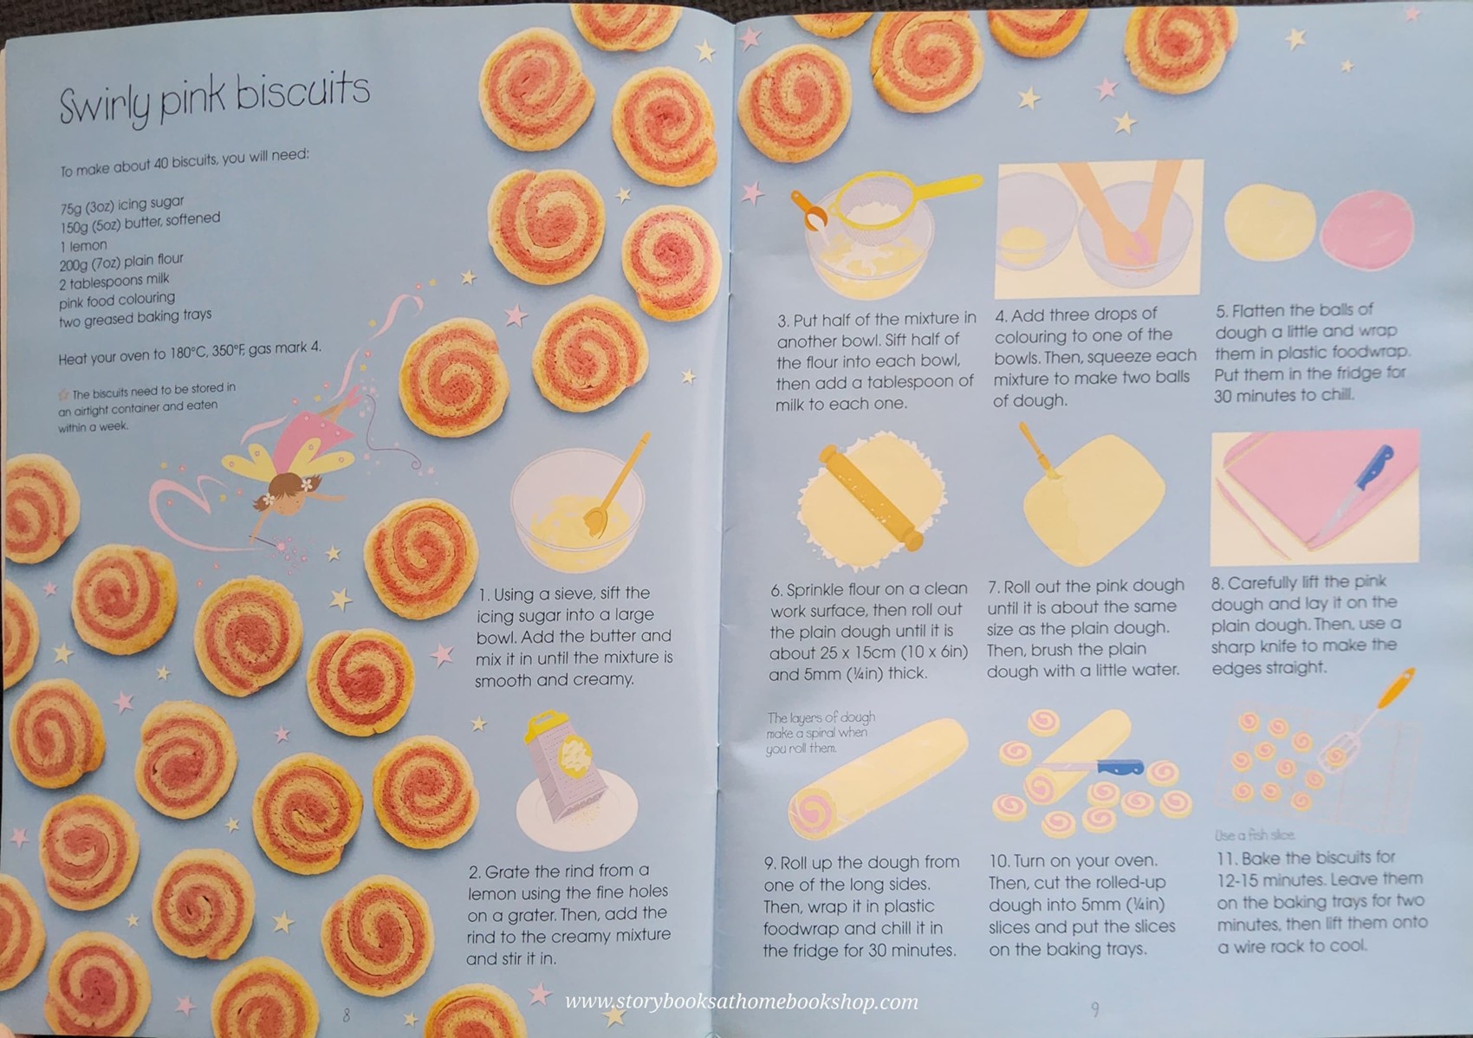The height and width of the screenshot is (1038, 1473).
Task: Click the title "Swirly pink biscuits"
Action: coord(214,97)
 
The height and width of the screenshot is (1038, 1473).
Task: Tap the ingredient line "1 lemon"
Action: coord(84,245)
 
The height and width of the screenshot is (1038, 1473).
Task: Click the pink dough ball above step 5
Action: coord(1365,230)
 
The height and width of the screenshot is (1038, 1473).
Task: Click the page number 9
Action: coord(1094,1009)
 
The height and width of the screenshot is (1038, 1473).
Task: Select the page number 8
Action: coord(347,1015)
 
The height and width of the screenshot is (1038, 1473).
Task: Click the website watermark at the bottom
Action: coord(741,1002)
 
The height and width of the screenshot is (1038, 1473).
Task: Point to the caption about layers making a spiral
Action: coord(820,732)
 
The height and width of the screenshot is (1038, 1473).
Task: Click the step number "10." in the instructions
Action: coord(999,861)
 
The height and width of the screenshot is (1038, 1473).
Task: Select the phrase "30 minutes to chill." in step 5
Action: coord(1282,395)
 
